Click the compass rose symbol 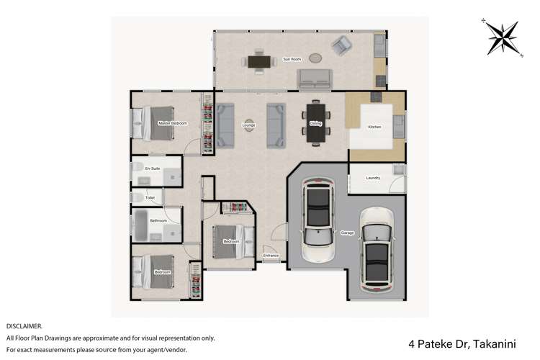(x=503, y=38)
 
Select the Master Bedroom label (x=173, y=124)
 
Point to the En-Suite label (x=152, y=168)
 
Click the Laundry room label (x=373, y=178)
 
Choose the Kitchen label (x=374, y=127)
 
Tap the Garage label (x=346, y=234)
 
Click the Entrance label (x=271, y=256)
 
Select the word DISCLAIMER (x=24, y=326)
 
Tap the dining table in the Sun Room (x=258, y=61)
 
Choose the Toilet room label (x=150, y=197)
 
